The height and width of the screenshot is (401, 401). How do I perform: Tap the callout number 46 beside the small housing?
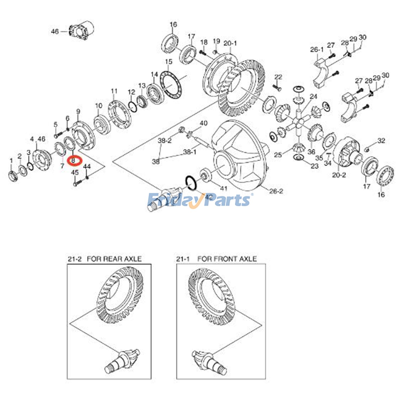click(55, 32)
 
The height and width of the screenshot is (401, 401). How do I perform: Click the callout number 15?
click(169, 62)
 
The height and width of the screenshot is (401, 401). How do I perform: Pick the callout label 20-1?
click(230, 43)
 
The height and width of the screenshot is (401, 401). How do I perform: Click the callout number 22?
click(278, 77)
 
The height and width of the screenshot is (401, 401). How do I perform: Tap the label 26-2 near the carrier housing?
click(276, 191)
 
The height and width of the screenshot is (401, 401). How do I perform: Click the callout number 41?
click(223, 188)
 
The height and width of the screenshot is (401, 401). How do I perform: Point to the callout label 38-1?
click(189, 152)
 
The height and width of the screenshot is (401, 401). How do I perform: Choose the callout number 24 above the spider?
click(313, 96)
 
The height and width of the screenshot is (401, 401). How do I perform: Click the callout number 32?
click(381, 141)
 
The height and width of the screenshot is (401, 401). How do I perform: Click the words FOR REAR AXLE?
click(114, 259)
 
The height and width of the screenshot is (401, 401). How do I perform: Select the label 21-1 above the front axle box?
click(182, 259)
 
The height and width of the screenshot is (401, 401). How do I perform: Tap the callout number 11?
click(114, 90)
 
